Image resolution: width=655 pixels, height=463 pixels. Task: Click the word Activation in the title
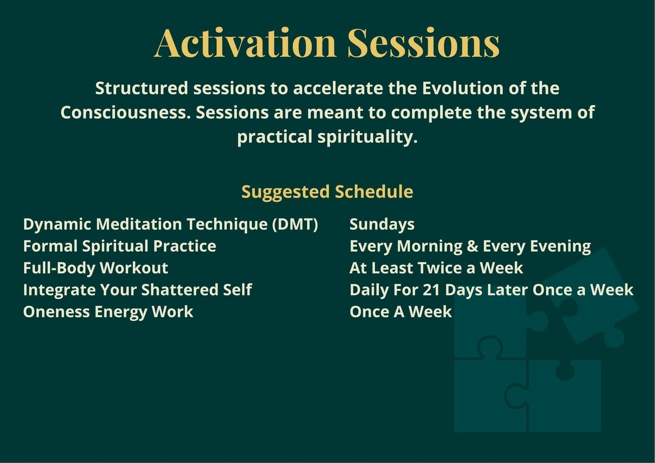coord(245,43)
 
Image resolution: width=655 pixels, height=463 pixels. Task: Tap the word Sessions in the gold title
coord(424,43)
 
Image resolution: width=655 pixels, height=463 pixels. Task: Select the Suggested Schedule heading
coord(327,192)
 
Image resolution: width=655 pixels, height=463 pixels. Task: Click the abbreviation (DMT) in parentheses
coord(295,225)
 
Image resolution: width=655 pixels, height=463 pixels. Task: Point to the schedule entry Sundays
coord(382,225)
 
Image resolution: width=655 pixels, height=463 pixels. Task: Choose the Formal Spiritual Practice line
coord(120,246)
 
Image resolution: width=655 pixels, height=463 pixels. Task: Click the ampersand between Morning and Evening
coord(472,246)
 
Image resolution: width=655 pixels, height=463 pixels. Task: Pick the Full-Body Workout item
coord(96,268)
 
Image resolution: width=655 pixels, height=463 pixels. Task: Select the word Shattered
coord(180,290)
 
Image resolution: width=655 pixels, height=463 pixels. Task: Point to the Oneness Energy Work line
coord(108,312)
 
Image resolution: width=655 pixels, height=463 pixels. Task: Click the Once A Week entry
coord(400,312)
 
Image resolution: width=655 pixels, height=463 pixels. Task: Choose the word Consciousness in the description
coord(125,113)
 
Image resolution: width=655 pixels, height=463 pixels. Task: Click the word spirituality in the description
coord(368,137)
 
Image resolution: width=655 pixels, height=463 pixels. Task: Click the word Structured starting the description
coord(141,88)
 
